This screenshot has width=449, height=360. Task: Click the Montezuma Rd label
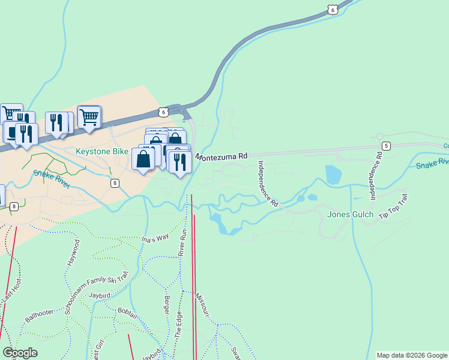click(x=221, y=156)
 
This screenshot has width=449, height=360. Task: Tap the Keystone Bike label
click(x=101, y=151)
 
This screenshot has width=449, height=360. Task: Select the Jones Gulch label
click(x=351, y=214)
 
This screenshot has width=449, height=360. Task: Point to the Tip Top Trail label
click(x=393, y=208)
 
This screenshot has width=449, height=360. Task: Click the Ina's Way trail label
click(x=155, y=239)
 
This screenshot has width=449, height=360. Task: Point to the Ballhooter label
click(x=40, y=313)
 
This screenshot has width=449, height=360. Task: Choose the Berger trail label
click(x=166, y=307)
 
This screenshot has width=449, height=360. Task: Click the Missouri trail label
click(x=202, y=305)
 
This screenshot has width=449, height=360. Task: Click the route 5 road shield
click(x=386, y=146)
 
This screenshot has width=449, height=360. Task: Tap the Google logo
click(x=20, y=353)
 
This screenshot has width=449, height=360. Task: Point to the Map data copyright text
click(x=411, y=355)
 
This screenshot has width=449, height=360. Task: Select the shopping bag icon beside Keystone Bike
click(x=143, y=160)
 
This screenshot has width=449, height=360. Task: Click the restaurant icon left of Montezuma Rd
click(x=179, y=162)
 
